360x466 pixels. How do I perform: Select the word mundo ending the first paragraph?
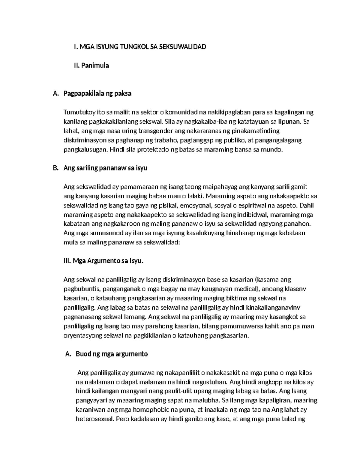point(274,150)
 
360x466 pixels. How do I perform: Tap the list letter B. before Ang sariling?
point(55,168)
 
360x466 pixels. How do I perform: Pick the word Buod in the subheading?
point(83,354)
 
